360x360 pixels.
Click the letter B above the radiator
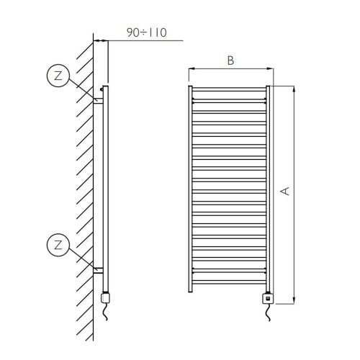230,61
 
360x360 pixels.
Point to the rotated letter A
285,192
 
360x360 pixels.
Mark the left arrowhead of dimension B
191,70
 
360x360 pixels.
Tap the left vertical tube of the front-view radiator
191,191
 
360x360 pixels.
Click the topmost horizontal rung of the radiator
230,91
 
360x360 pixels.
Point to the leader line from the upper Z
81,88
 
